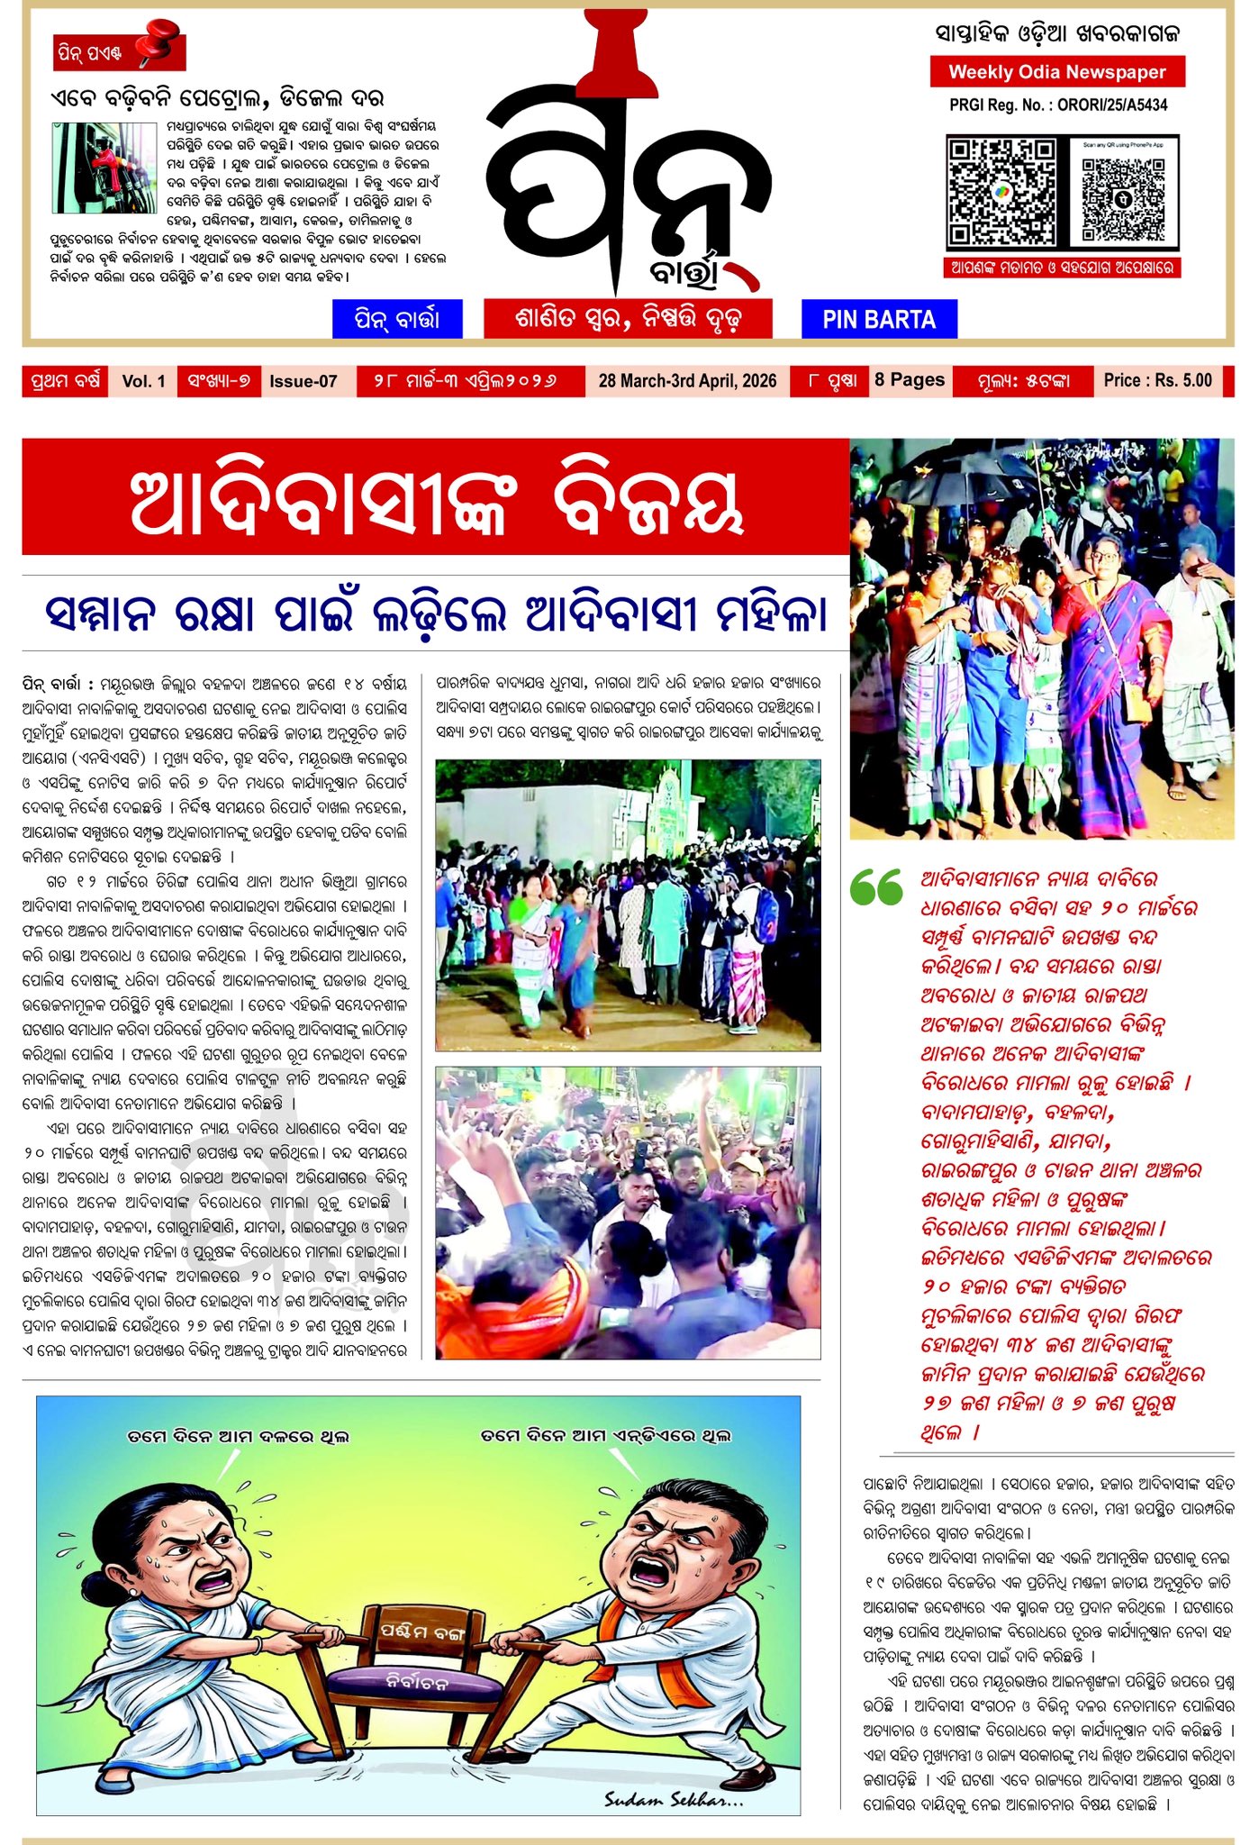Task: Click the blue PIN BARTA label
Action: pyautogui.click(x=878, y=320)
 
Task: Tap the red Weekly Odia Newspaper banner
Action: pyautogui.click(x=1056, y=72)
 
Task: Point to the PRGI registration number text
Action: pyautogui.click(x=1057, y=105)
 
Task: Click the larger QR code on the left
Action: pyautogui.click(x=1001, y=192)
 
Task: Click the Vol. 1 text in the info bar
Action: pyautogui.click(x=143, y=381)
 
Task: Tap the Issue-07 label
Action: pyautogui.click(x=303, y=381)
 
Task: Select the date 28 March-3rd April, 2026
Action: pyautogui.click(x=687, y=381)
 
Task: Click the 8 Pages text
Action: pyautogui.click(x=910, y=380)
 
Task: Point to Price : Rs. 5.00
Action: pyautogui.click(x=1157, y=380)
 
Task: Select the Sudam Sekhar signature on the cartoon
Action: pyautogui.click(x=673, y=1799)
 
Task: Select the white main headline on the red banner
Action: pyautogui.click(x=437, y=505)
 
